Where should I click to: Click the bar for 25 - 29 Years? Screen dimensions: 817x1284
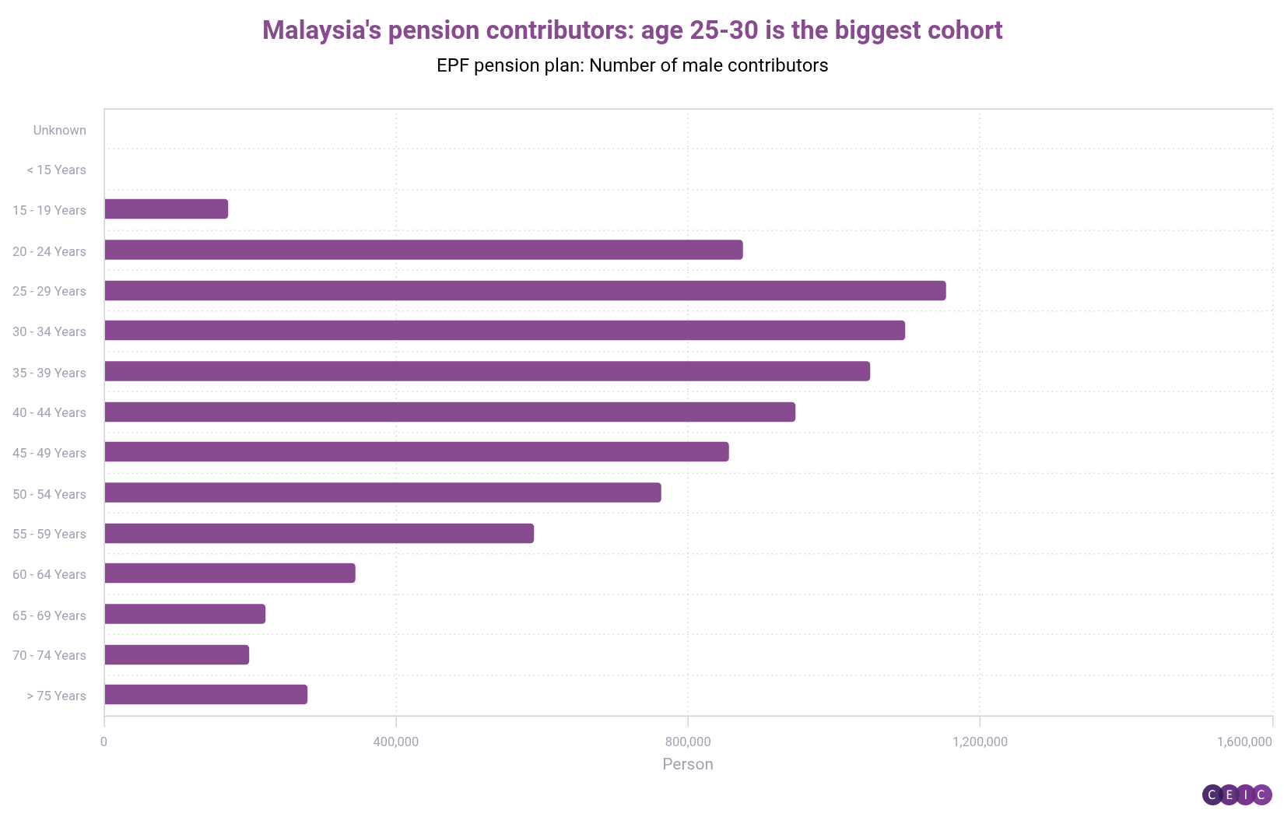(525, 290)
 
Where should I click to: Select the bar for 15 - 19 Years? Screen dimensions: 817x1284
(167, 209)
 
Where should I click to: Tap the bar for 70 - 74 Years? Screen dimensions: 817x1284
(177, 654)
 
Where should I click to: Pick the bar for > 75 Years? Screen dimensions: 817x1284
(206, 694)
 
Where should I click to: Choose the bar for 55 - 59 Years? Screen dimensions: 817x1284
(319, 533)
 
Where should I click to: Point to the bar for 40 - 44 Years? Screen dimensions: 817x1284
(450, 412)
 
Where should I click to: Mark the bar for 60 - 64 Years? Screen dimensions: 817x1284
(230, 573)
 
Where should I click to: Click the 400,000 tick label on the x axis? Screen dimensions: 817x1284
(395, 742)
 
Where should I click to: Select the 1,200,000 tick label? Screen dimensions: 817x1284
(980, 742)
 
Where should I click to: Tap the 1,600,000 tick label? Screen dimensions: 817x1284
(1244, 742)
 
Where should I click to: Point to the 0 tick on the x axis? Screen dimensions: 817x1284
(104, 742)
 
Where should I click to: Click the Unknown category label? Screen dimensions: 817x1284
(60, 130)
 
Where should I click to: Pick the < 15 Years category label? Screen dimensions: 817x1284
(56, 170)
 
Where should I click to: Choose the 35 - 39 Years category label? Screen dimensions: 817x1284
(49, 373)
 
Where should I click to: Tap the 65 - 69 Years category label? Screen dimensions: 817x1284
(49, 615)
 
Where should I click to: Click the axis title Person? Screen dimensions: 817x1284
(688, 764)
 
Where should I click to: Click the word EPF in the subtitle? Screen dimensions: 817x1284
(452, 65)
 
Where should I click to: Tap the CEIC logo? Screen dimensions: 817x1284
(1237, 794)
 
